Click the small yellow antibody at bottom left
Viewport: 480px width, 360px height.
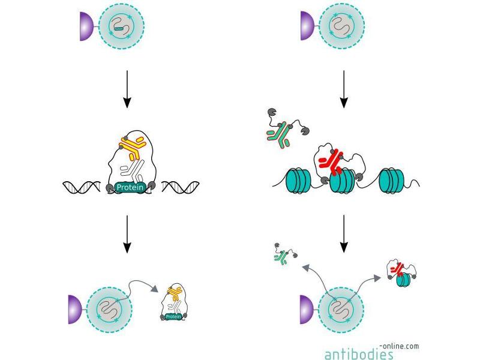point(174,293)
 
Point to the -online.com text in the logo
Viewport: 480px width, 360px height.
point(400,346)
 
